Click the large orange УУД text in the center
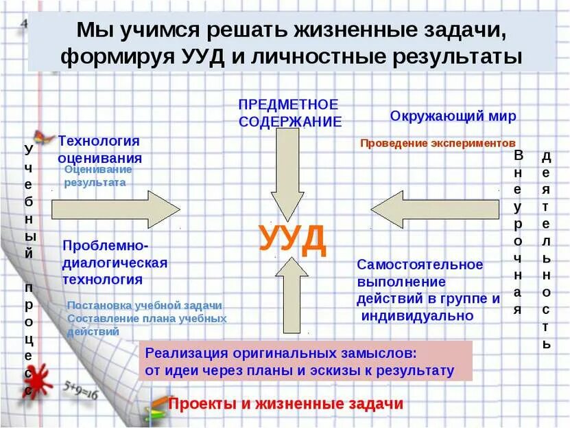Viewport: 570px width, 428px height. (293, 238)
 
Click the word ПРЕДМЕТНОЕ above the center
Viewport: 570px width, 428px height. (288, 104)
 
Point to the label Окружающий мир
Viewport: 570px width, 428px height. (453, 115)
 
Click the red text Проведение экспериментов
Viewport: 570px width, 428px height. (437, 144)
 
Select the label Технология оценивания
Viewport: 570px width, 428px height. (99, 148)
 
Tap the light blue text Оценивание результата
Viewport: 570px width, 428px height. (97, 176)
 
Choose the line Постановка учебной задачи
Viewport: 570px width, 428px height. (144, 306)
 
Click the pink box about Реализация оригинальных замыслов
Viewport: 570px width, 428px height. (306, 361)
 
